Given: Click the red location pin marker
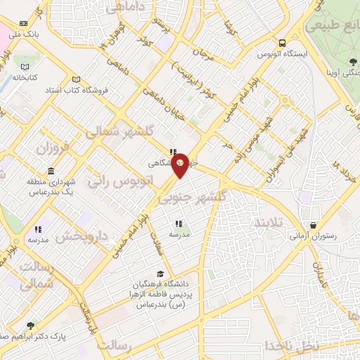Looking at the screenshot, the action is pos(181,164).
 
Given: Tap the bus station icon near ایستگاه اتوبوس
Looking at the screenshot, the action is pos(283,42).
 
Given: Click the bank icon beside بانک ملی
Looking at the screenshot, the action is pos(25,23).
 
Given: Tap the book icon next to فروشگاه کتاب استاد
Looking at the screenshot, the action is pos(76,79).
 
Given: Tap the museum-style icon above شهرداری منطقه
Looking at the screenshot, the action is pos(51,172).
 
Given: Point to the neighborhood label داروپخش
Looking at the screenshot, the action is pos(79,237).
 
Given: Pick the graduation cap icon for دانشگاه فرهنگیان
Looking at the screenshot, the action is pos(160,274).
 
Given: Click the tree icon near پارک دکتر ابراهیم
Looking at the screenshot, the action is pos(30,326).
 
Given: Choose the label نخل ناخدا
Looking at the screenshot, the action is pos(292,346).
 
